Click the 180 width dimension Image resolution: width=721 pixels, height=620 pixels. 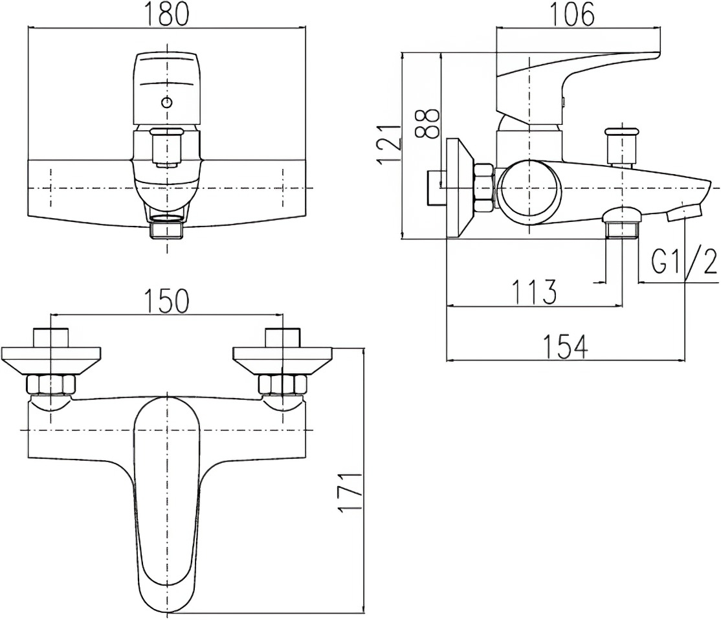pyautogui.click(x=167, y=15)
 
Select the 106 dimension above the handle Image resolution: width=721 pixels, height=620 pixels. pyautogui.click(x=572, y=15)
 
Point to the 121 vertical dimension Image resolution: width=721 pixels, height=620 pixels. pyautogui.click(x=388, y=144)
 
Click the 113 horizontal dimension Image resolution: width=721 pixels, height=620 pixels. pyautogui.click(x=535, y=292)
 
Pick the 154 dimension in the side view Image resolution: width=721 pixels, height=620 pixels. pyautogui.click(x=566, y=347)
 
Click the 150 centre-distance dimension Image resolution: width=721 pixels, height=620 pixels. pyautogui.click(x=167, y=301)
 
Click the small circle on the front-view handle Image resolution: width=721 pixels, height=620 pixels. pyautogui.click(x=168, y=102)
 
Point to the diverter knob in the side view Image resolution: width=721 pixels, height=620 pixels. pyautogui.click(x=622, y=146)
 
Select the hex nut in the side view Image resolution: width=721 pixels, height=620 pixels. pyautogui.click(x=484, y=188)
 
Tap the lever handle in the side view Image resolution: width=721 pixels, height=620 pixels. pyautogui.click(x=579, y=84)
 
